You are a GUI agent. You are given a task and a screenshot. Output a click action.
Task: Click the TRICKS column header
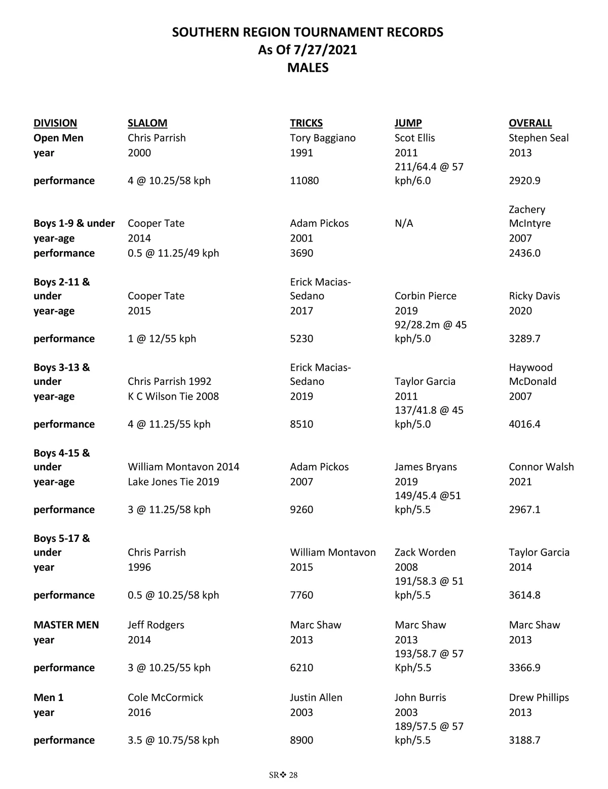click(x=306, y=123)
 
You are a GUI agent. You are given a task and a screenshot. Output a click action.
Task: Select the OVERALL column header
click(x=530, y=123)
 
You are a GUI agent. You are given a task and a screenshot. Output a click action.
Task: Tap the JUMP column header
click(x=408, y=123)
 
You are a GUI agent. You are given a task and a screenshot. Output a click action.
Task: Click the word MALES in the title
click(x=308, y=67)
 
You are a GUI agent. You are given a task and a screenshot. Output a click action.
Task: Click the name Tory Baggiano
click(x=323, y=138)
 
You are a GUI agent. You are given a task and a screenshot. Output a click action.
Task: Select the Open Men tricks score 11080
click(x=304, y=181)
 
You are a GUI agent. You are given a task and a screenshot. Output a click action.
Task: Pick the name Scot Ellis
click(x=414, y=138)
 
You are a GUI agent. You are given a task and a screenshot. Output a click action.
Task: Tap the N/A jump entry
click(x=404, y=223)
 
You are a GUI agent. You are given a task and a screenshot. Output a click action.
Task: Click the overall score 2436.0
click(x=524, y=253)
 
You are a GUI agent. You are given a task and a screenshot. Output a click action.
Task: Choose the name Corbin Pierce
click(x=425, y=296)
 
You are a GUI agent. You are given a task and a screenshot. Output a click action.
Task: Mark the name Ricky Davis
click(x=534, y=296)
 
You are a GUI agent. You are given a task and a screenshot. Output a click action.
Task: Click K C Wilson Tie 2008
click(x=173, y=397)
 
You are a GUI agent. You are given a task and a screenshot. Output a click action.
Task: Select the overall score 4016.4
click(x=524, y=424)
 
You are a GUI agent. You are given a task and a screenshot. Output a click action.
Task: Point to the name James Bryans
click(x=426, y=467)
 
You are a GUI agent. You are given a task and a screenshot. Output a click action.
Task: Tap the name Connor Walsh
click(x=541, y=467)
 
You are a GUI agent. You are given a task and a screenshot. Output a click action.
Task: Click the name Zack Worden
click(x=425, y=553)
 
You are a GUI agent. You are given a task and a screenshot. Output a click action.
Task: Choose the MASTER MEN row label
click(x=66, y=625)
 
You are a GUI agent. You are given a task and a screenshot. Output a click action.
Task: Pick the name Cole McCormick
click(x=165, y=697)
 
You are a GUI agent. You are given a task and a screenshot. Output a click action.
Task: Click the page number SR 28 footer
click(x=283, y=775)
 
